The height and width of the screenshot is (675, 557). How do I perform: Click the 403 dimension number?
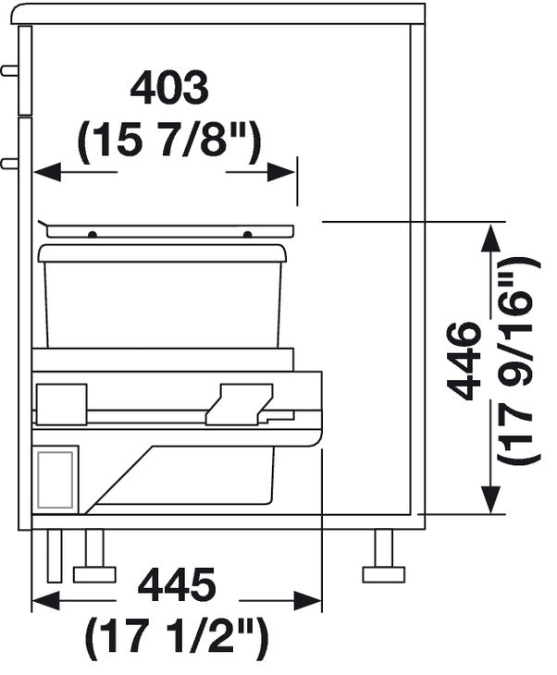point(169,89)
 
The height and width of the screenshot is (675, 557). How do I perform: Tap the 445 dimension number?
point(177,584)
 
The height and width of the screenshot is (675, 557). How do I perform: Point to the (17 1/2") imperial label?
point(177,639)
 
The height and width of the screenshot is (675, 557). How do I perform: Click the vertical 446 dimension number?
point(464,361)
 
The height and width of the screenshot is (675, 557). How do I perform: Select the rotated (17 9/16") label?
point(518,361)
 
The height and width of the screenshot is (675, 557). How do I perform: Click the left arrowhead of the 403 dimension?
point(46,172)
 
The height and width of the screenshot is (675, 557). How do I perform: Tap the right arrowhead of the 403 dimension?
point(281,172)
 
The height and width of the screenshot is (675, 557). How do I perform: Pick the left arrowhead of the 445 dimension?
point(45,600)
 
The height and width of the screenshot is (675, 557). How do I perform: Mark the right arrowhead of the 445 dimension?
point(307,600)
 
